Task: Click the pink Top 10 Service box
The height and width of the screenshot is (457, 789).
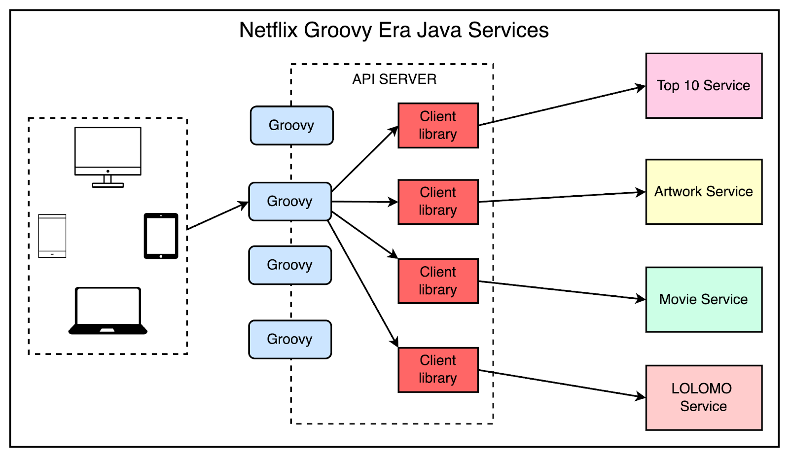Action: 704,86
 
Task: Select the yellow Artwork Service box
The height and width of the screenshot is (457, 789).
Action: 704,192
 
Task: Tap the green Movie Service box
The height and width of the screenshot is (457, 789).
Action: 704,299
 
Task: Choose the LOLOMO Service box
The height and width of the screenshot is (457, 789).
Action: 704,397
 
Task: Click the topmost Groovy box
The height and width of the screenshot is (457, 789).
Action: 291,125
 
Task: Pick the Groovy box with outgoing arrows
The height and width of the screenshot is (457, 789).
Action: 290,201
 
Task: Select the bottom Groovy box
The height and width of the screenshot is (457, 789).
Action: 290,339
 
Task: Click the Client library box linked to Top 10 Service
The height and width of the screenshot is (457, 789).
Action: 438,125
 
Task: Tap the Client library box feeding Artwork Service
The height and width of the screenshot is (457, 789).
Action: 438,202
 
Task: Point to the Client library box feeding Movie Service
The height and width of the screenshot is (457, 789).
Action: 438,281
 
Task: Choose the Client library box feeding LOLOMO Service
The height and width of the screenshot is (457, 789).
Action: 438,370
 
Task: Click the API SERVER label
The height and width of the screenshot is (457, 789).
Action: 394,79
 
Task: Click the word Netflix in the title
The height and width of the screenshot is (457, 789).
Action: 268,31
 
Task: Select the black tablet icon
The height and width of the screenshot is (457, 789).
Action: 161,236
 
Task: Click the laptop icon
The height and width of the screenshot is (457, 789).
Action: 108,311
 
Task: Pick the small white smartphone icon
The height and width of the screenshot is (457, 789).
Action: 52,236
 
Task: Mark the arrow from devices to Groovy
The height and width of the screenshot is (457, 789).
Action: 217,216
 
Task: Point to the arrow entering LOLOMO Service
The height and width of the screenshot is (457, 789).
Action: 562,384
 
